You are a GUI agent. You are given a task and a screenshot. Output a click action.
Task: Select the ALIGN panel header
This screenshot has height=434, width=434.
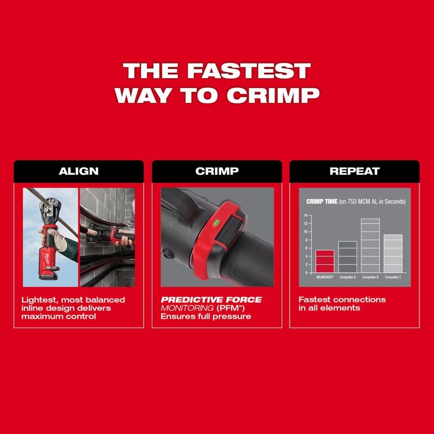79,171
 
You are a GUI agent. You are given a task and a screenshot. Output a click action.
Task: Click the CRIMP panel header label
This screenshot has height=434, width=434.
216,171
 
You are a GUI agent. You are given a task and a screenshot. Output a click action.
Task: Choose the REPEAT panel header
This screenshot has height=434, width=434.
355,171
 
